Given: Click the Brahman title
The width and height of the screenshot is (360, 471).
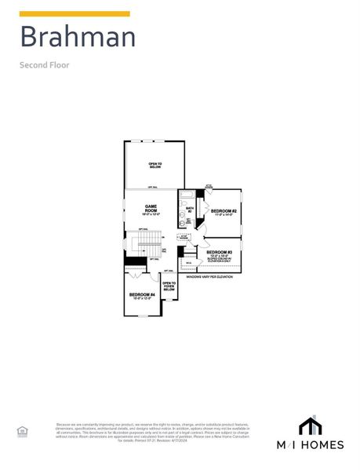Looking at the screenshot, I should click(x=78, y=37).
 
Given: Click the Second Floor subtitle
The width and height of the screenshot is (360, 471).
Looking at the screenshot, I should click(x=45, y=64).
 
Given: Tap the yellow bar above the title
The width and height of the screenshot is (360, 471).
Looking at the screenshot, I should click(x=75, y=13).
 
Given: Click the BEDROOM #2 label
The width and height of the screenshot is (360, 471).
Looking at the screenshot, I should click(x=224, y=210).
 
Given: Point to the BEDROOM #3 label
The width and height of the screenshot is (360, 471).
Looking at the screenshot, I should click(x=220, y=252).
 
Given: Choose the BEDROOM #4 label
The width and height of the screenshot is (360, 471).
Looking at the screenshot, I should click(x=142, y=294).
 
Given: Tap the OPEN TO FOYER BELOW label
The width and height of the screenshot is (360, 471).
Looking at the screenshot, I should click(x=169, y=286).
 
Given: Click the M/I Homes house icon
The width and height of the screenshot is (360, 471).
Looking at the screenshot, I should click(x=310, y=425).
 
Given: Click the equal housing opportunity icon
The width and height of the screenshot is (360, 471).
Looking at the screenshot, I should click(x=22, y=431).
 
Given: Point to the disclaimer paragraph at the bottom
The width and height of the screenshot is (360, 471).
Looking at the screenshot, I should click(x=153, y=432).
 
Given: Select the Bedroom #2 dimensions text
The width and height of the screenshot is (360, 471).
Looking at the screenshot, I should click(x=224, y=215).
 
